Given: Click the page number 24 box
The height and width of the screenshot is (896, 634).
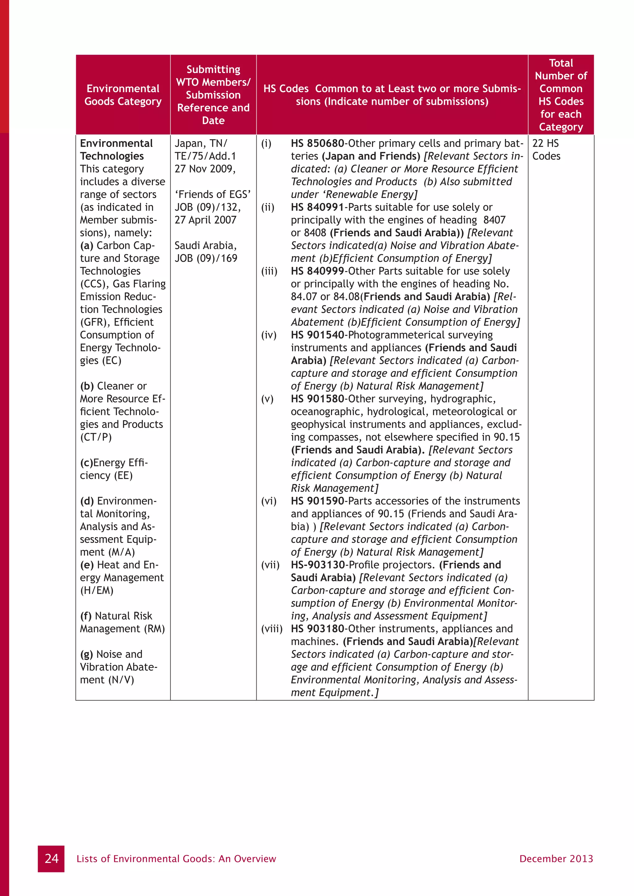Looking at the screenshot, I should [x=51, y=859].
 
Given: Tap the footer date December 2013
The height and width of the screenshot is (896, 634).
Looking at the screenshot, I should [x=556, y=859].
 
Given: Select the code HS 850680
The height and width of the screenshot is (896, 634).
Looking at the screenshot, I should [x=317, y=143].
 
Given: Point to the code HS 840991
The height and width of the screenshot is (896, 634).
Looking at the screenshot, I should [x=317, y=207].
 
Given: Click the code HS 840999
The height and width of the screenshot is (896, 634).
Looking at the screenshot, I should [x=317, y=271].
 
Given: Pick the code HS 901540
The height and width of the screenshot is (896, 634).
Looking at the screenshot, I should [x=317, y=335].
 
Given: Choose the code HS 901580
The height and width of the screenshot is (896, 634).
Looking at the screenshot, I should [x=317, y=399].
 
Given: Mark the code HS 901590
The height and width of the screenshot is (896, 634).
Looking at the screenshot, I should [x=317, y=501].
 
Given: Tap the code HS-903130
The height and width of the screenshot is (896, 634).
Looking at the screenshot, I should [x=318, y=565].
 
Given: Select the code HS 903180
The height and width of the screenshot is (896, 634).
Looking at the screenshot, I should [x=317, y=629].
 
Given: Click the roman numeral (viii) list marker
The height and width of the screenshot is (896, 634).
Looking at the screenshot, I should [x=272, y=629].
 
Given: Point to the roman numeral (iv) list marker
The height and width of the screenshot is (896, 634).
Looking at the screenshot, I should [x=269, y=335].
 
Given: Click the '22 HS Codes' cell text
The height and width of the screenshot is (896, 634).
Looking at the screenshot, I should [x=546, y=150].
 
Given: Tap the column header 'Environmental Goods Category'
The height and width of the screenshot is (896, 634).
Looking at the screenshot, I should [x=123, y=95].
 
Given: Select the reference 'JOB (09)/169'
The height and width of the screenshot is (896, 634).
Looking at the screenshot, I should [x=206, y=258].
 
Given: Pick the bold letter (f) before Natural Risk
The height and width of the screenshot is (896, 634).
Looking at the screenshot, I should [x=86, y=616].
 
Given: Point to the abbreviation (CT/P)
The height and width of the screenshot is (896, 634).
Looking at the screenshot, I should [x=96, y=437].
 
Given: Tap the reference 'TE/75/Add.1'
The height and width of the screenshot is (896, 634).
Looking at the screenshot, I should [x=205, y=156].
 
